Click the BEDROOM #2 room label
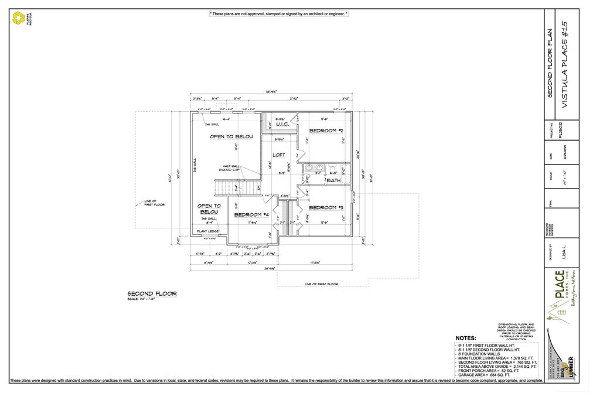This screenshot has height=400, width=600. pyautogui.click(x=326, y=131)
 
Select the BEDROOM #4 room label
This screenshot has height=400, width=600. pyautogui.click(x=251, y=215)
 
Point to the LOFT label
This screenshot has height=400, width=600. pyautogui.click(x=279, y=155)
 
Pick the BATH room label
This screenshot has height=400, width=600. pyautogui.click(x=333, y=180)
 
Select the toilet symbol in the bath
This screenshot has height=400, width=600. pyautogui.click(x=332, y=170)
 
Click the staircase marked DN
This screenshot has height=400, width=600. pyautogui.click(x=237, y=188)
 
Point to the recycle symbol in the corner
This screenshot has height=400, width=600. pyautogui.click(x=18, y=19)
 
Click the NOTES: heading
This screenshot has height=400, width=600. pyautogui.click(x=466, y=338)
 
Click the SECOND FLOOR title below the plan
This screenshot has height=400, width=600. pyautogui.click(x=152, y=293)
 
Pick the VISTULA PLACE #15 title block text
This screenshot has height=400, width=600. pyautogui.click(x=565, y=64)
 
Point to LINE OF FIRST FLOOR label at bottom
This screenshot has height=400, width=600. pyautogui.click(x=321, y=284)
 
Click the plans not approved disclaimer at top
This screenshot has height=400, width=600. pyautogui.click(x=278, y=13)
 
